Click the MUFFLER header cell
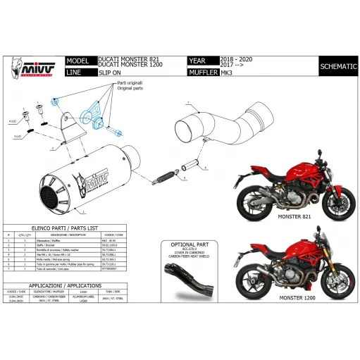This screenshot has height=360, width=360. [204, 73]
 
